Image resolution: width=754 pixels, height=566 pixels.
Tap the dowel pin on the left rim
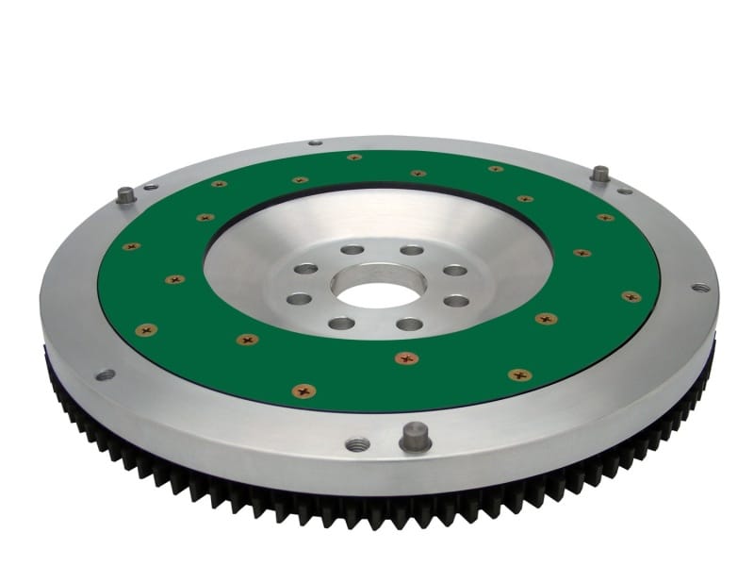click(125, 196)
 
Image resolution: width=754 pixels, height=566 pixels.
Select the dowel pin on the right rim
click(599, 175)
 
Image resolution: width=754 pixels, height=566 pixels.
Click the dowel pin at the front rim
click(415, 437)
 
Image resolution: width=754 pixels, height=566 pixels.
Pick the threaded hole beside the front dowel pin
click(356, 443)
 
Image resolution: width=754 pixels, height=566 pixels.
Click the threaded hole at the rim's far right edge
click(699, 287)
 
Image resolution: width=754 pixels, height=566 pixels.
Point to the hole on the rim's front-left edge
click(105, 375)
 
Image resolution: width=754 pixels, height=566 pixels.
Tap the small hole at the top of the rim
click(315, 143)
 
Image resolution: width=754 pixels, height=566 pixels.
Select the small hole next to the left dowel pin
click(151, 187)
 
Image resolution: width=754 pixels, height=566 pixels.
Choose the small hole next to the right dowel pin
click(624, 191)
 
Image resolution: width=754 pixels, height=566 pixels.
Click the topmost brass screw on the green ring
click(354, 158)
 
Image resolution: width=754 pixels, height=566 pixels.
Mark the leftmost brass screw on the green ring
click(131, 246)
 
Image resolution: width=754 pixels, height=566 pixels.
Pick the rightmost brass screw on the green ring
click(631, 296)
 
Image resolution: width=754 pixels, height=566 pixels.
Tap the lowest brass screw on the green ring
click(303, 391)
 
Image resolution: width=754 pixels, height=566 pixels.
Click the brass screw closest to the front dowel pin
click(406, 358)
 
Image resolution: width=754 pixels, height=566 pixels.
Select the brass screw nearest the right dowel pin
click(605, 217)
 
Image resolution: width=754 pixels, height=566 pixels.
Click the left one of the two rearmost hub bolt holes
click(352, 250)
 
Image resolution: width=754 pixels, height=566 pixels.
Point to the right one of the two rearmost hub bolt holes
click(412, 250)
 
